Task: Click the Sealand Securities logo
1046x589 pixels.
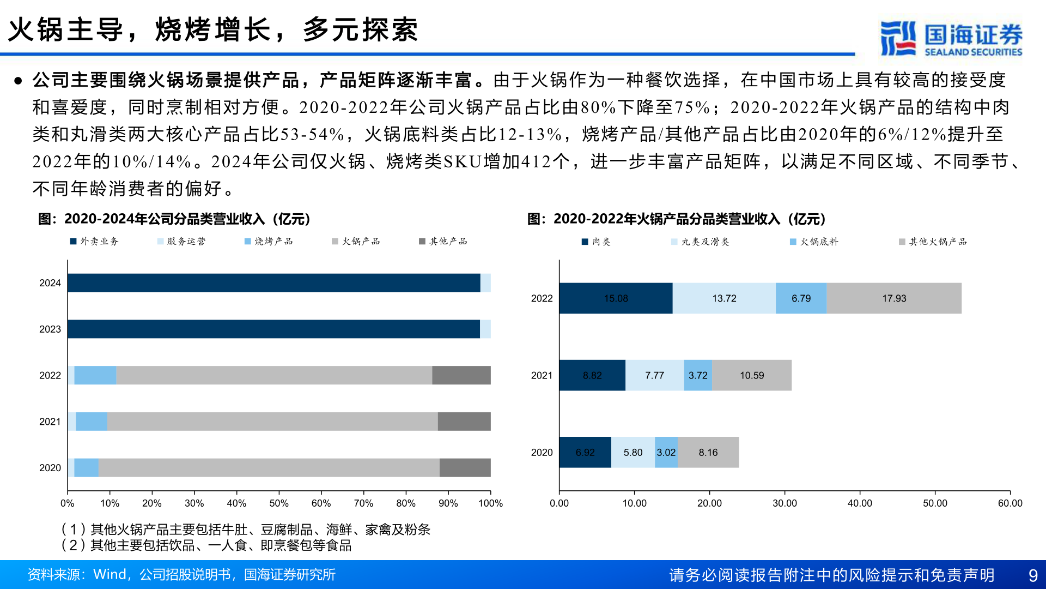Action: coord(951,38)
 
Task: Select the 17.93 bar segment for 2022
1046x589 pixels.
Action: coord(894,298)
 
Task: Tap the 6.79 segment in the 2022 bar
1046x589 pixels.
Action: coord(801,298)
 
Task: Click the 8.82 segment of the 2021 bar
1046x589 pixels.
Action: coord(592,375)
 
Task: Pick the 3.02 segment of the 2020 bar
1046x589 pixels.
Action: coord(666,452)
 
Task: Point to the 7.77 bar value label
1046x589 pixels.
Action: coord(654,375)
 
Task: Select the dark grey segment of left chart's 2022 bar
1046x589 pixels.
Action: coord(461,375)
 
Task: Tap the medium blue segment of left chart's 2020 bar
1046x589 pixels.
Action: coord(86,468)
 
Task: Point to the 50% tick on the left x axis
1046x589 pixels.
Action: coord(278,503)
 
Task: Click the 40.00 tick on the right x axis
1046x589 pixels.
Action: coord(860,503)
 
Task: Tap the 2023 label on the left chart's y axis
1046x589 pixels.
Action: coord(50,329)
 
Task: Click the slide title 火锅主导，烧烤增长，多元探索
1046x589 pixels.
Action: coord(213,29)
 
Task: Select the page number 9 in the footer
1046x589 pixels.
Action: coord(1032,575)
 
